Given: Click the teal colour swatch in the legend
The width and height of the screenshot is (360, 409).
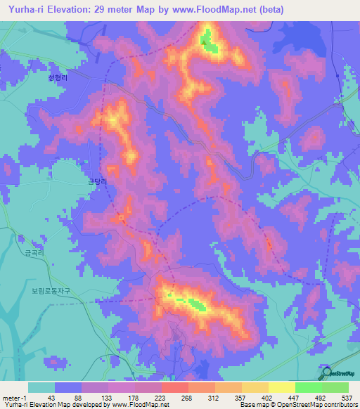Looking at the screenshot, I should [41, 387].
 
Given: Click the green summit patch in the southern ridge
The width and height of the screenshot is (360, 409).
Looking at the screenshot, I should [194, 304].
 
